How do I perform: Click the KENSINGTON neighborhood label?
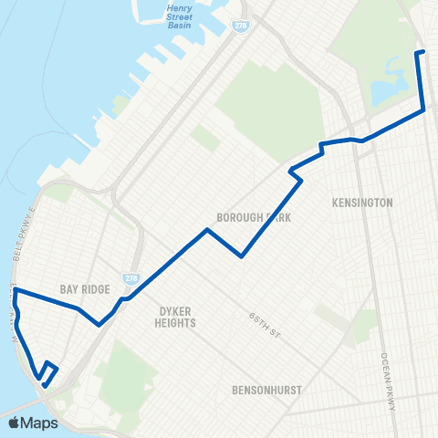363,202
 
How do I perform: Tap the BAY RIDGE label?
79,289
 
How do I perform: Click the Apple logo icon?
15,423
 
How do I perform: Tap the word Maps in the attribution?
40,423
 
